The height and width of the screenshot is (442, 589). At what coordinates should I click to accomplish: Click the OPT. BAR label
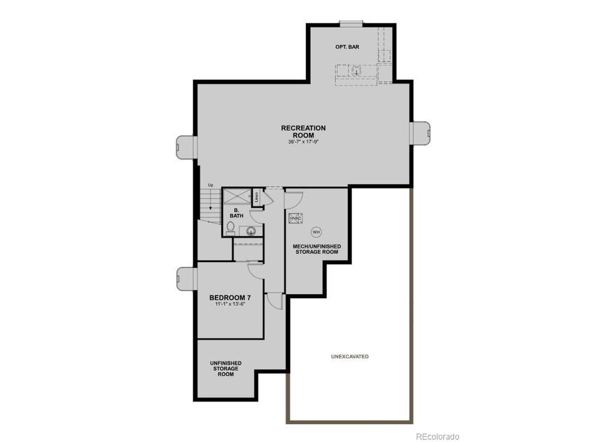(347, 47)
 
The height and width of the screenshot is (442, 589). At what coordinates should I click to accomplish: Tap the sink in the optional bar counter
(356, 72)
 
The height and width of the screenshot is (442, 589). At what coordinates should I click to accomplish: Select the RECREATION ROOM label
(303, 131)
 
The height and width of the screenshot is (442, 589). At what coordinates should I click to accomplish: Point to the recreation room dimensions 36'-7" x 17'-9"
(303, 142)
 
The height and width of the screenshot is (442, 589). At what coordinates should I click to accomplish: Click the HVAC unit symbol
(294, 218)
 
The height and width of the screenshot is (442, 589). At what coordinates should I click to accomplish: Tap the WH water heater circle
(316, 232)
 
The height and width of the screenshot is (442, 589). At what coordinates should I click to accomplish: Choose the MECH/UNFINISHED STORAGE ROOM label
(317, 249)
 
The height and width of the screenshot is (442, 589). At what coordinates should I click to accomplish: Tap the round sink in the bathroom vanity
(251, 231)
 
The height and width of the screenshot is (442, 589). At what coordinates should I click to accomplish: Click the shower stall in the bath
(237, 197)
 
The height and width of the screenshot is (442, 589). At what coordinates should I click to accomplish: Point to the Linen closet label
(257, 197)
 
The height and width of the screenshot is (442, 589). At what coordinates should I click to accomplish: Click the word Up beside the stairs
(211, 185)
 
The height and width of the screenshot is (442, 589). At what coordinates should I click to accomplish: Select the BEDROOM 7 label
(230, 297)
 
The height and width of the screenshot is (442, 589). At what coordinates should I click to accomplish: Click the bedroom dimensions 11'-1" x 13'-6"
(230, 304)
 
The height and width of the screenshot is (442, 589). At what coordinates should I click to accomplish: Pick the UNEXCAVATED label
(350, 356)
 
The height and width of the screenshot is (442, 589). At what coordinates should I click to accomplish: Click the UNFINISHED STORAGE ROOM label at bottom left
(225, 368)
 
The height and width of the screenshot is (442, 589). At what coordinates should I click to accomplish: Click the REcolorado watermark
(438, 436)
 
